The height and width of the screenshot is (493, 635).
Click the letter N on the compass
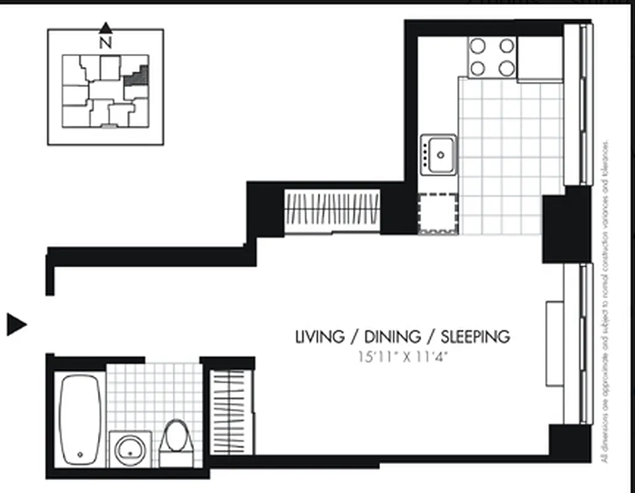[106, 43]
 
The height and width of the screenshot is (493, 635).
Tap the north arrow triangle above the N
[106, 28]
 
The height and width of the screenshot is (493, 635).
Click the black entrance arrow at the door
[17, 324]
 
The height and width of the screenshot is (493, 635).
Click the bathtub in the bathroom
[81, 419]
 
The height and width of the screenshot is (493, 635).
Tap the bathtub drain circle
[81, 455]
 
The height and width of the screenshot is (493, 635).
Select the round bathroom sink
[130, 447]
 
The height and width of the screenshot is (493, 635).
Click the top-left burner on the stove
[478, 46]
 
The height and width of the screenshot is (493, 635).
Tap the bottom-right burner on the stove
[506, 68]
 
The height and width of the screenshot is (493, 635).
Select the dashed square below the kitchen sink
[438, 214]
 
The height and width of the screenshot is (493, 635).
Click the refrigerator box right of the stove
[540, 59]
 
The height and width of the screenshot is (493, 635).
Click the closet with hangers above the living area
[331, 209]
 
